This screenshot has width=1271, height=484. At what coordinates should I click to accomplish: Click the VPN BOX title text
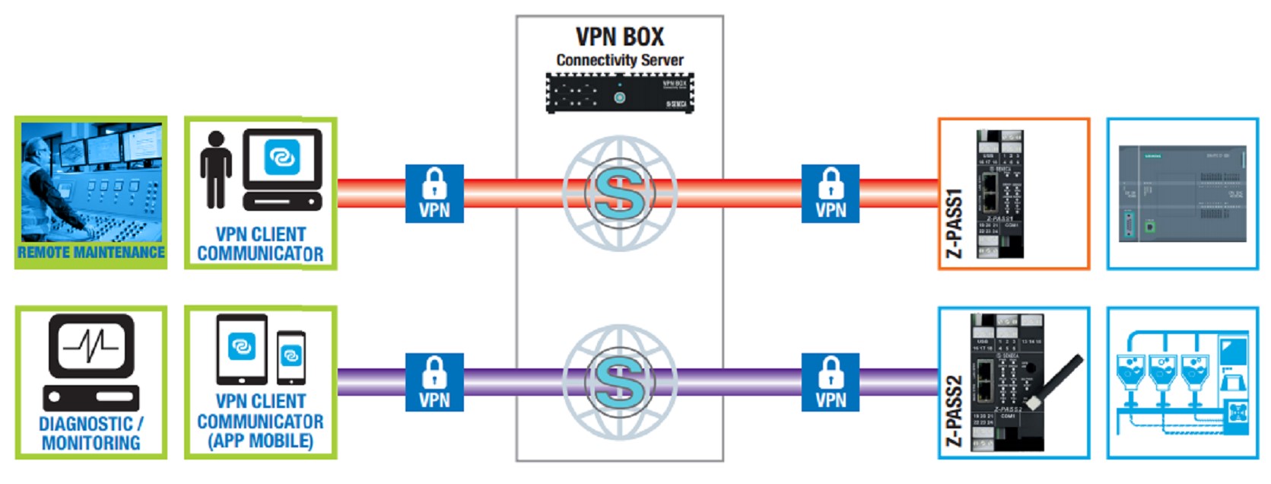pos(619,37)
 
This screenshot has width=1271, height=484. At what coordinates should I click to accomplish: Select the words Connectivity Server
pos(619,60)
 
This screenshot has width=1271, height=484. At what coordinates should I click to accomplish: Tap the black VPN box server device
pos(619,94)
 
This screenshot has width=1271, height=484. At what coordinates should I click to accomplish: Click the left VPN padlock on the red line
pos(434,193)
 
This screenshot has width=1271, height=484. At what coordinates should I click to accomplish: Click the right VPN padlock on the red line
pos(830,193)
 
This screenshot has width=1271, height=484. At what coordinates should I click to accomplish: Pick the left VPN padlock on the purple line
pos(434,382)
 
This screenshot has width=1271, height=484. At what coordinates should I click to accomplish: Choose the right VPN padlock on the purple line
pos(830,382)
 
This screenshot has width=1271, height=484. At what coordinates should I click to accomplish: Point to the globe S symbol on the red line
pos(619,193)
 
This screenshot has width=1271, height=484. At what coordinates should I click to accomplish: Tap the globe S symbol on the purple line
pos(619,382)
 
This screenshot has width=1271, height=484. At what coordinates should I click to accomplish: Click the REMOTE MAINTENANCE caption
pos(91,253)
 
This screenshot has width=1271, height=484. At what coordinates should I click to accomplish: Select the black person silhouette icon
pos(216,170)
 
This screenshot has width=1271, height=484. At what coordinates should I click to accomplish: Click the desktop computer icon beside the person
pos(282,169)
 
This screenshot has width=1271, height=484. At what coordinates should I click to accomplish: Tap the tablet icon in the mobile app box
pos(242,349)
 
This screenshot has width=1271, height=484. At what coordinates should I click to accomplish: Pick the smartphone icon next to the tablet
pos(291,357)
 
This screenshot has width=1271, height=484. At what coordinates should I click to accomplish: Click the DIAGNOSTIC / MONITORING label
pos(91,433)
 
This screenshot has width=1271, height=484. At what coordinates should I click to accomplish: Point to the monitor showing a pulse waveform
pos(91,346)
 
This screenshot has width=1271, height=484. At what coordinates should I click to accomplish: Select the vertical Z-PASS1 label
pos(954,224)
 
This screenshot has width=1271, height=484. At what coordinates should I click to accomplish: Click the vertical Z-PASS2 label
pos(954,411)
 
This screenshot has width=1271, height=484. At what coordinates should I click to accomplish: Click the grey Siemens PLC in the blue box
pos(1182,193)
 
